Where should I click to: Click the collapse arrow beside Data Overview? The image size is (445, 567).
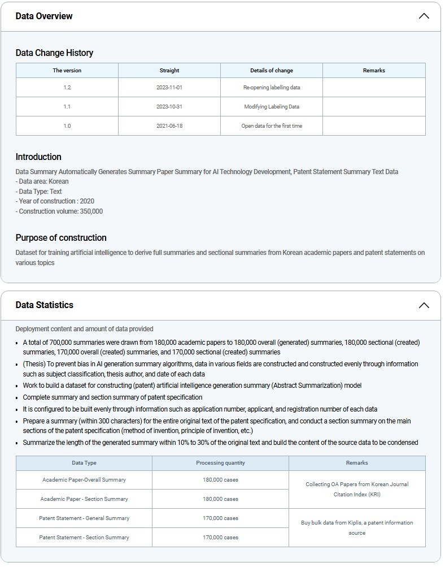pyautogui.click(x=424, y=16)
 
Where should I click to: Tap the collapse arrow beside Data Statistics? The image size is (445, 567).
pyautogui.click(x=424, y=305)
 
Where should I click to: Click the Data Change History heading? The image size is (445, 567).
pyautogui.click(x=54, y=53)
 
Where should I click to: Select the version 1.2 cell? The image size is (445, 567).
pyautogui.click(x=67, y=88)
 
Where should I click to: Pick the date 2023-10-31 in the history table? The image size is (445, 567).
pyautogui.click(x=169, y=107)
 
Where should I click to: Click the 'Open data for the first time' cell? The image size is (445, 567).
pyautogui.click(x=272, y=126)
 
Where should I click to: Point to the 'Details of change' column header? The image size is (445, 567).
pyautogui.click(x=272, y=71)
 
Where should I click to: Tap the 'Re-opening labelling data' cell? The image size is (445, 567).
pyautogui.click(x=272, y=88)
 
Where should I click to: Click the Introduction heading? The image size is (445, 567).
pyautogui.click(x=38, y=157)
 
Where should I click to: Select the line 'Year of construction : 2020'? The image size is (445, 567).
pyautogui.click(x=55, y=201)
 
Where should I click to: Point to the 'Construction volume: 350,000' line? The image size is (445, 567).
pyautogui.click(x=59, y=211)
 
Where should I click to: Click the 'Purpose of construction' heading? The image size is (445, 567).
pyautogui.click(x=61, y=237)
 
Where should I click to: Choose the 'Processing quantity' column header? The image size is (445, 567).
pyautogui.click(x=220, y=463)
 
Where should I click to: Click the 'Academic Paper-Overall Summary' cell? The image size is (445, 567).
pyautogui.click(x=84, y=480)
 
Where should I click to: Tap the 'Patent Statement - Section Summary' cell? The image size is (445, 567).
pyautogui.click(x=84, y=538)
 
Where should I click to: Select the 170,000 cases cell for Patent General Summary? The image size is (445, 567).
pyautogui.click(x=220, y=518)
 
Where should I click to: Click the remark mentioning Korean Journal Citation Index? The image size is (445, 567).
pyautogui.click(x=357, y=490)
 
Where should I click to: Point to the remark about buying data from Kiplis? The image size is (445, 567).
pyautogui.click(x=357, y=528)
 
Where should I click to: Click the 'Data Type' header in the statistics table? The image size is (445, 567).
pyautogui.click(x=84, y=463)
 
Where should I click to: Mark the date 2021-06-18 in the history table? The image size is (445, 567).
pyautogui.click(x=169, y=126)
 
